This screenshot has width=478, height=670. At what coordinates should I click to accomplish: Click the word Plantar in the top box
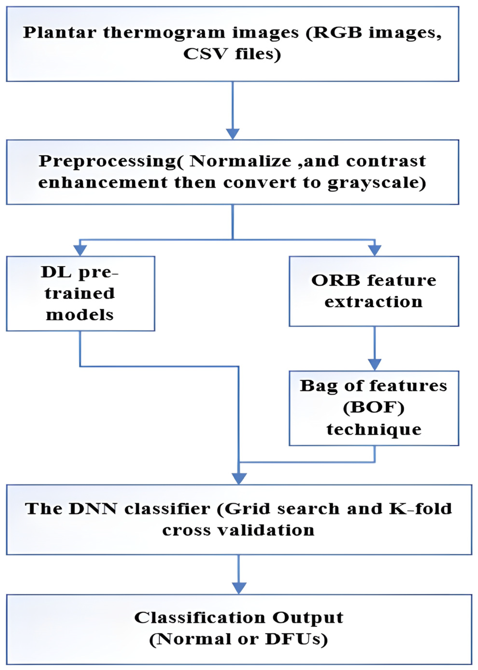coord(60,33)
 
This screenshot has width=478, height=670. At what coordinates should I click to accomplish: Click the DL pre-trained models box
coord(80,294)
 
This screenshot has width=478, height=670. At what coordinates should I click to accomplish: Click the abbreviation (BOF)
coord(373,408)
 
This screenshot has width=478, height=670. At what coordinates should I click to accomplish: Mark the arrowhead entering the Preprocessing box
coord(233,134)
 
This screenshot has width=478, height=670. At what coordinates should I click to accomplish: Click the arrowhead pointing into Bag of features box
coord(374,365)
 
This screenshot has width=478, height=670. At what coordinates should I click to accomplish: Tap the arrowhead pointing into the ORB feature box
coord(374,250)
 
